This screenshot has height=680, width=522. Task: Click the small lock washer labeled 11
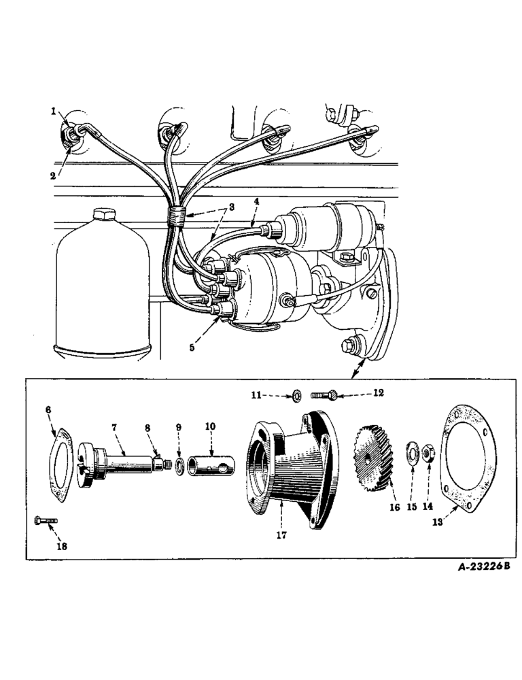point(297,394)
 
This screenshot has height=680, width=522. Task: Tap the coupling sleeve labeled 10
point(211,462)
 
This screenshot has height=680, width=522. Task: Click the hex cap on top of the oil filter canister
point(101,217)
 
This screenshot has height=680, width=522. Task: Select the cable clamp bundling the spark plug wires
point(177,217)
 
